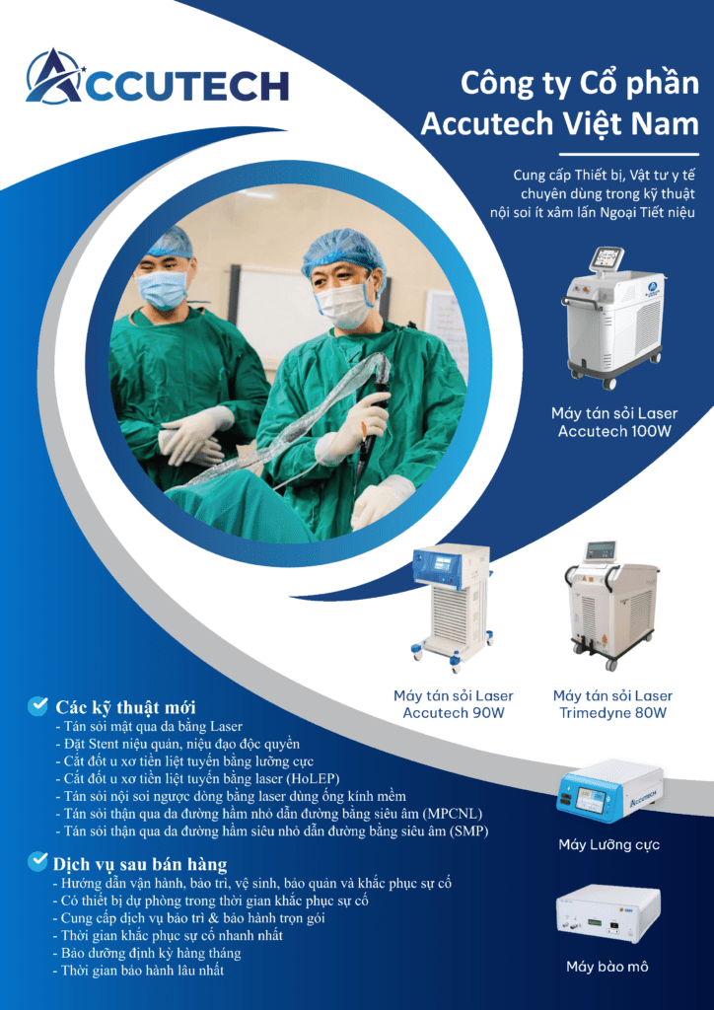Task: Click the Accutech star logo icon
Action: (x=53, y=77)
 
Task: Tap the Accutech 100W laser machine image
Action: (x=611, y=319)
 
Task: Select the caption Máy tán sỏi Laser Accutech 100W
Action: (x=613, y=422)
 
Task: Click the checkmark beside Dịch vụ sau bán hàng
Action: (x=38, y=860)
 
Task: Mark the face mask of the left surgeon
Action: (x=164, y=290)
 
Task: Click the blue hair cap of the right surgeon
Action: (x=341, y=252)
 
